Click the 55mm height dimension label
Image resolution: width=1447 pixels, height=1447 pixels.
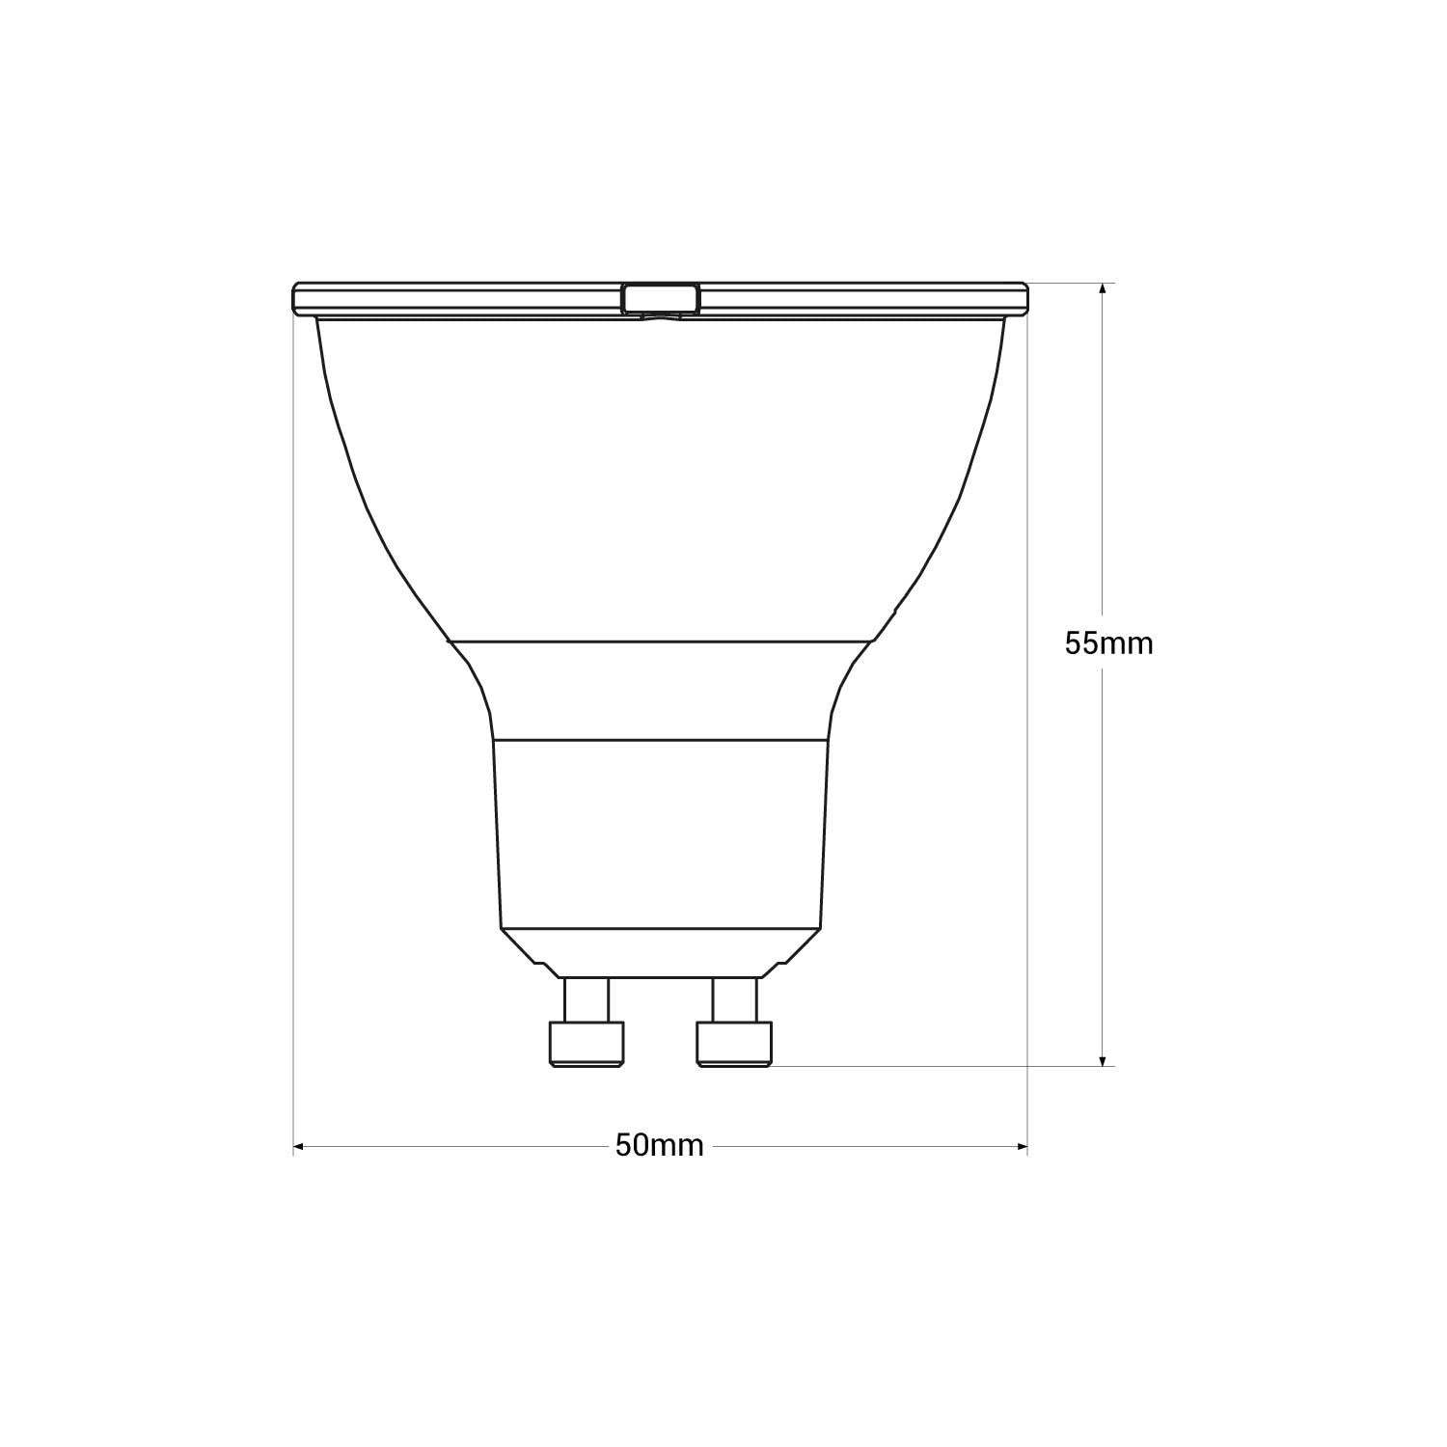click(1108, 643)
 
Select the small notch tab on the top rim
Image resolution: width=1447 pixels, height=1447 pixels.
click(661, 298)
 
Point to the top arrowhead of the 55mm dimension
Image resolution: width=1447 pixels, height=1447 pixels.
click(1103, 288)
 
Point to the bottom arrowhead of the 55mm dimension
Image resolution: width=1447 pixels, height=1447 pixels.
click(1103, 1059)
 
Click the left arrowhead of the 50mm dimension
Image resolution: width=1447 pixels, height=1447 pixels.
click(299, 1146)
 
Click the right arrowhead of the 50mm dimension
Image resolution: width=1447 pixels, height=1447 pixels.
click(1022, 1146)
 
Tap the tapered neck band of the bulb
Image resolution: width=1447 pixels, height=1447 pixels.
click(661, 690)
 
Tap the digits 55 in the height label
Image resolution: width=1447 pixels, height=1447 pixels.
click(1081, 643)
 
